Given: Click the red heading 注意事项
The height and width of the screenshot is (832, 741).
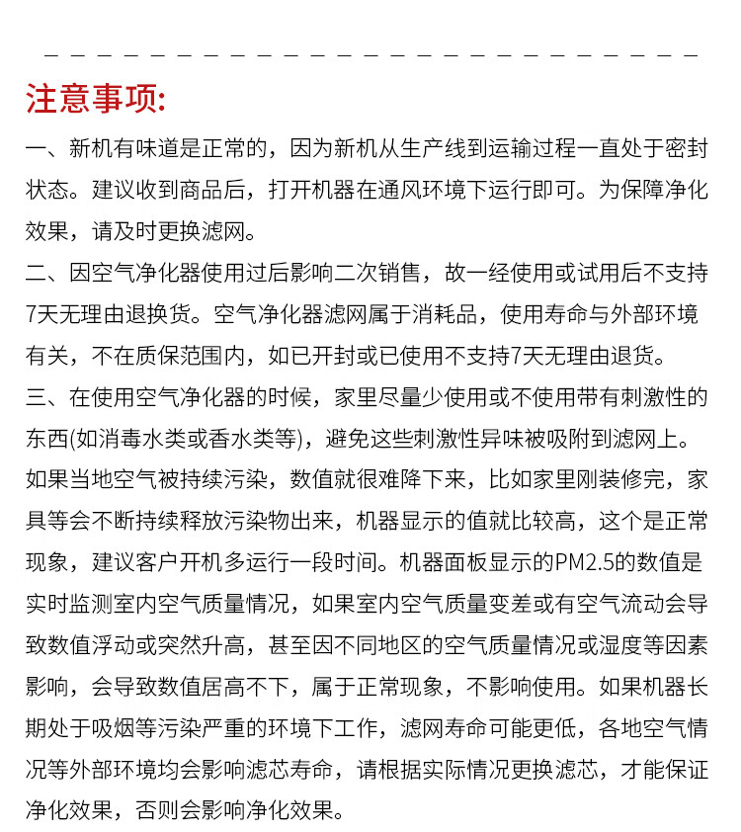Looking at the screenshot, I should (x=96, y=99).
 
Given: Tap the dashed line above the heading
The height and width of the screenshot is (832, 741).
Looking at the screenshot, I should (x=370, y=55).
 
